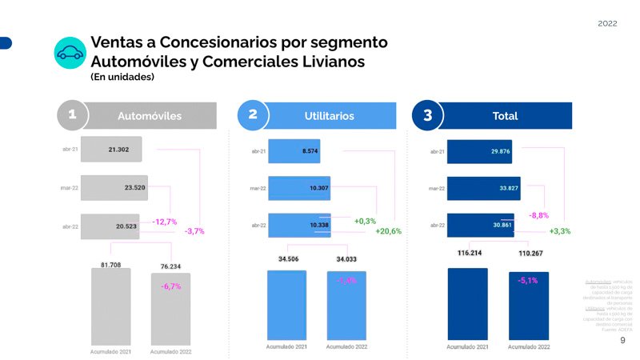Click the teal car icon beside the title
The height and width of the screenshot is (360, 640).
(70, 53)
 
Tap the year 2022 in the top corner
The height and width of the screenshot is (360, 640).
(607, 25)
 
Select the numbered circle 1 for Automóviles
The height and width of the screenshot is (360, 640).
(72, 116)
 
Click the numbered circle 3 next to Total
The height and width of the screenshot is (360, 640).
(427, 116)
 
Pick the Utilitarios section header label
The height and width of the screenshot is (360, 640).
(329, 116)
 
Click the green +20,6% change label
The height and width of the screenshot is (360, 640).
(388, 231)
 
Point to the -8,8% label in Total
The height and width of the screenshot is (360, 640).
(539, 216)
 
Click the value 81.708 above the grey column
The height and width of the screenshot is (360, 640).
(110, 264)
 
